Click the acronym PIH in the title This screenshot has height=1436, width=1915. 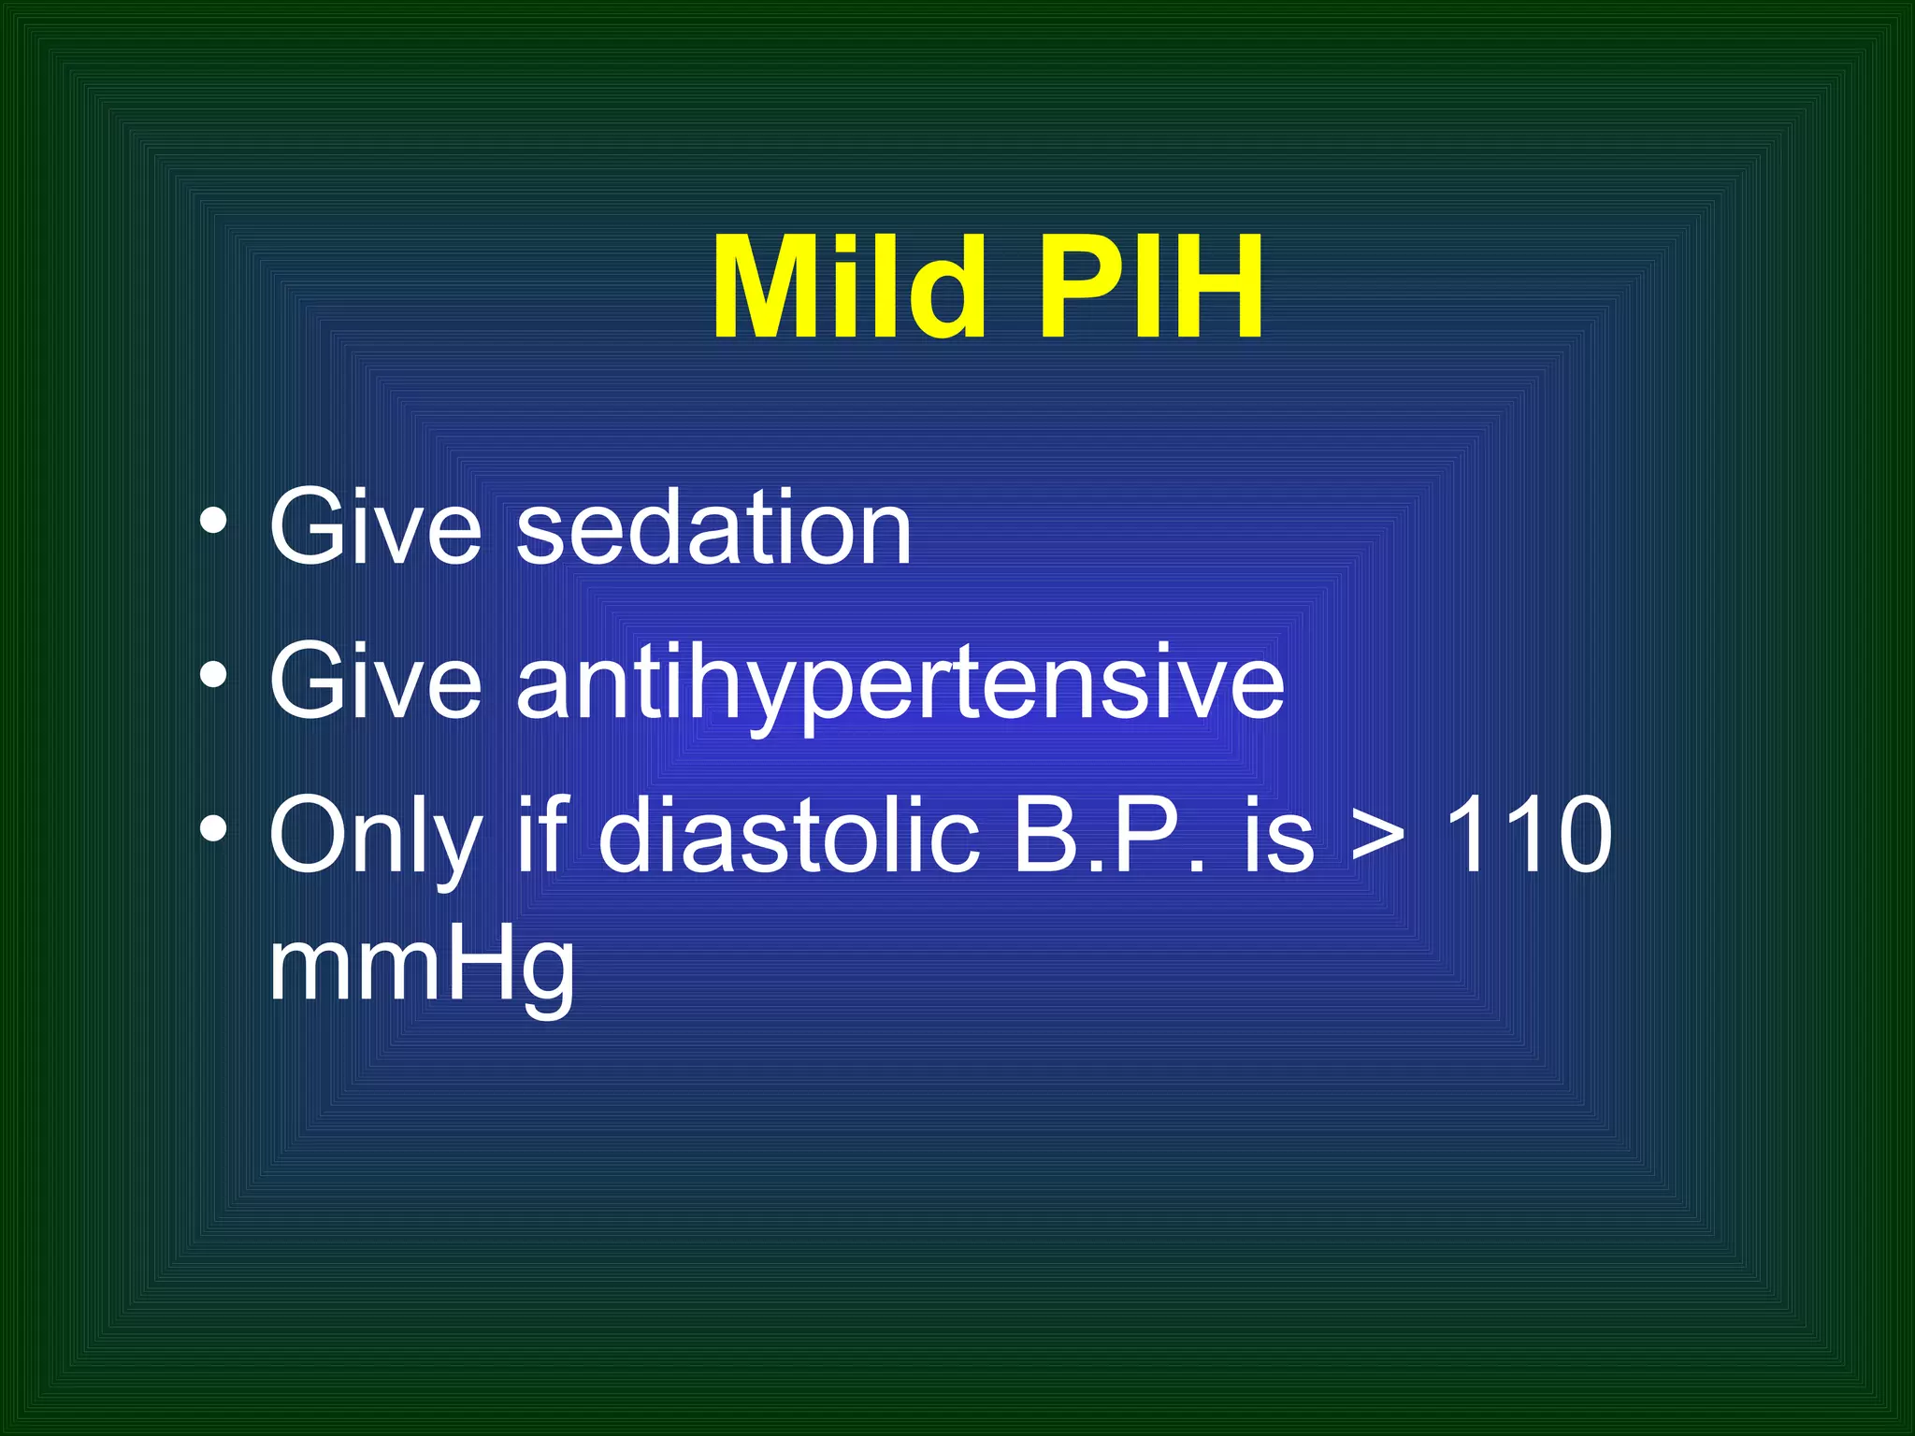(1150, 287)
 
